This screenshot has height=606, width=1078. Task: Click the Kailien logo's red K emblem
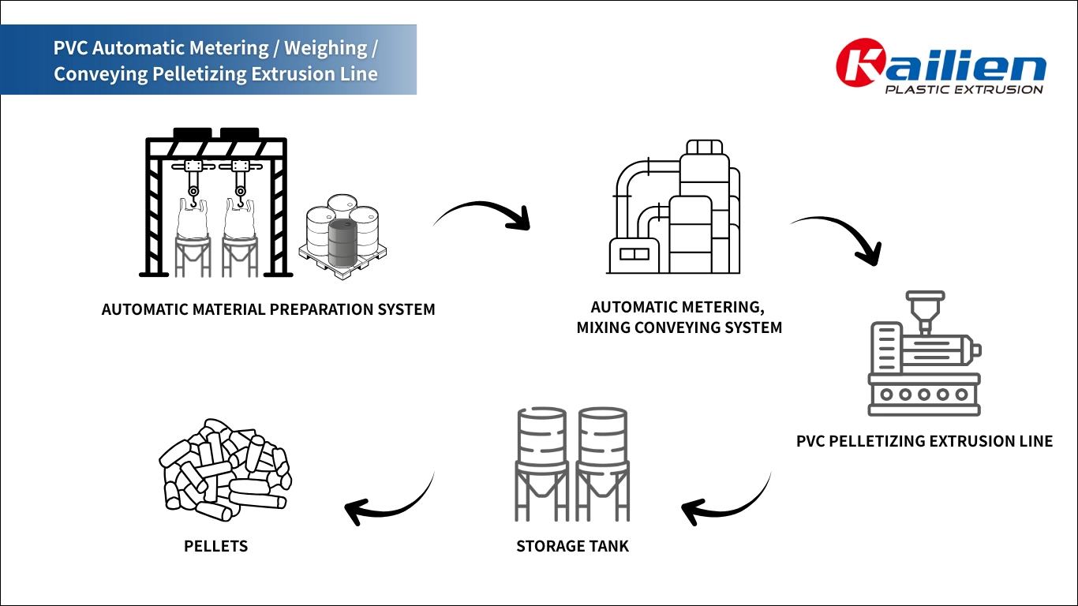click(x=861, y=62)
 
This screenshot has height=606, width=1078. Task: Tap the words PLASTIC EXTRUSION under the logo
click(x=964, y=89)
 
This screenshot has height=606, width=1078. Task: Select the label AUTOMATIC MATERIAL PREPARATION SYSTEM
click(x=268, y=309)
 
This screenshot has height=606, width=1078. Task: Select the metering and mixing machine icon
click(x=675, y=209)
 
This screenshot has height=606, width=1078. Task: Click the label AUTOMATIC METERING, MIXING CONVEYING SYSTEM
click(x=679, y=317)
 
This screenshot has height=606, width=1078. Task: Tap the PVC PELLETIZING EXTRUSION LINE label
click(x=924, y=441)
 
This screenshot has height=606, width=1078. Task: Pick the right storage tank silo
click(x=603, y=462)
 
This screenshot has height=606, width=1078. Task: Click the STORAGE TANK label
click(x=572, y=546)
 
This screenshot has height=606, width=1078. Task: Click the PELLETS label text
click(x=215, y=546)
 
